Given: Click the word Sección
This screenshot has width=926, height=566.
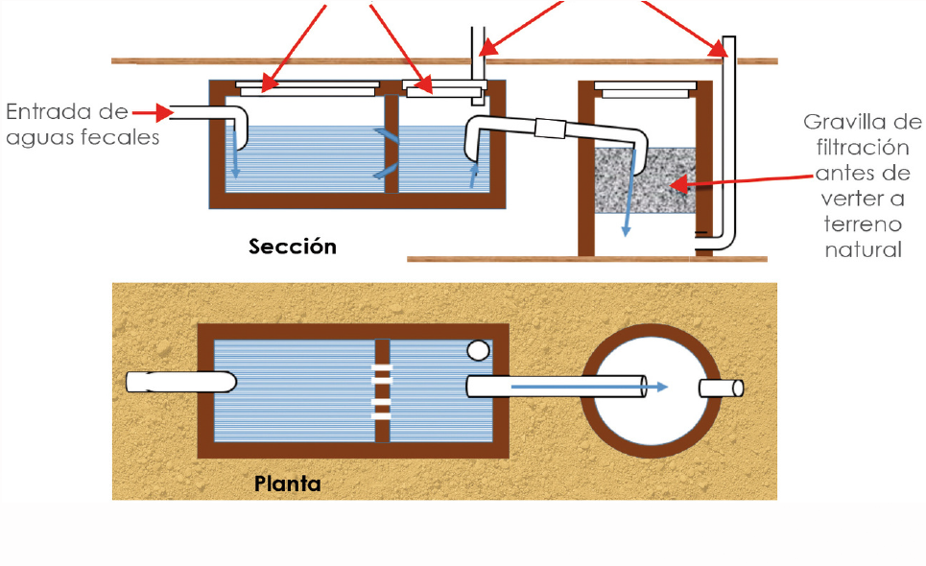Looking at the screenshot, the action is (x=293, y=247).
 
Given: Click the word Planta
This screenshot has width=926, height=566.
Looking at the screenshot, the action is (x=288, y=483).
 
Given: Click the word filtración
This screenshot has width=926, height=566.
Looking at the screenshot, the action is (x=863, y=148).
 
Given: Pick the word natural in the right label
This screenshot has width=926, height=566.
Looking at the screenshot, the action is (x=863, y=249).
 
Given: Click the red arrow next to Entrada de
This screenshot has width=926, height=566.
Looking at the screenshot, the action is (x=153, y=112).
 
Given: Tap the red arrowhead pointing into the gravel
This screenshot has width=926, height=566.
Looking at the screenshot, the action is (x=678, y=185).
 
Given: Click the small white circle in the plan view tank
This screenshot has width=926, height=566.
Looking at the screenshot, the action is (x=478, y=350).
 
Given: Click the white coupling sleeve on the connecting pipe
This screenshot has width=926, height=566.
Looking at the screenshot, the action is (x=551, y=129).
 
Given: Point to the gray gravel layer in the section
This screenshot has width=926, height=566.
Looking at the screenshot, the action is (x=645, y=180).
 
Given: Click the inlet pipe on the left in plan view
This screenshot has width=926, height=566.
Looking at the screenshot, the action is (x=181, y=382).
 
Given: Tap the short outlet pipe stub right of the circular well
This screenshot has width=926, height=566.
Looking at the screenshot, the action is (x=721, y=389).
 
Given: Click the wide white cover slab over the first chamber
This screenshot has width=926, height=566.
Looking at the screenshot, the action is (x=308, y=89).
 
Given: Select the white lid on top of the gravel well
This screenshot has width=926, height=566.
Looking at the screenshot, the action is (x=645, y=90).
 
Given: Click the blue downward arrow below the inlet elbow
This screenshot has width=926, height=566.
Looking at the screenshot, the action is (x=235, y=153).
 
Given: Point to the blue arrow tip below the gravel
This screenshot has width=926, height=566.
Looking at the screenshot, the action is (x=626, y=232).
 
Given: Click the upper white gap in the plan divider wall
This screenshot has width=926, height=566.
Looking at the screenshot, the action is (x=382, y=374).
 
